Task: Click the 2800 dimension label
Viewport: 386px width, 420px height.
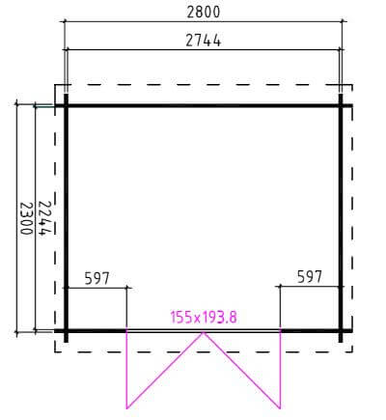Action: (204, 13)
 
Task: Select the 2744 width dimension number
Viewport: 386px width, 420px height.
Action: (204, 41)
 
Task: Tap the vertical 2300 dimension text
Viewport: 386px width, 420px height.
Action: (26, 218)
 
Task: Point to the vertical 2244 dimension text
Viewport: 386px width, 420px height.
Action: (45, 218)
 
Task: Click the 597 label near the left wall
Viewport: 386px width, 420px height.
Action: (96, 278)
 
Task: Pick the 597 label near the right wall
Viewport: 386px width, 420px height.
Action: (309, 277)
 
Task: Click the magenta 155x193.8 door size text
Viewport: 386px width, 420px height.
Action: (204, 318)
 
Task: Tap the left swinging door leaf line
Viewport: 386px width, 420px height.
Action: (165, 371)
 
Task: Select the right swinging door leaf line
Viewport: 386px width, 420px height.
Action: (242, 371)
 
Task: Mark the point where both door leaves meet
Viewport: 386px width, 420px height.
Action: (204, 332)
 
